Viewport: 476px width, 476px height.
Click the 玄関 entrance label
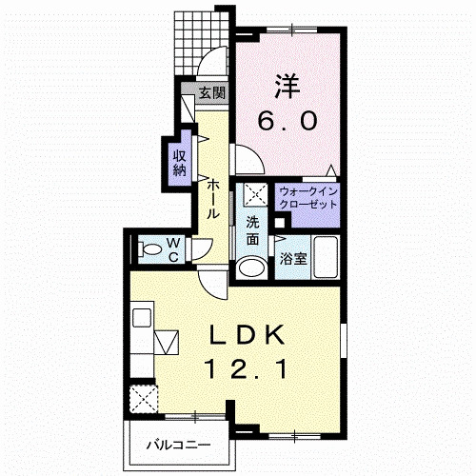click(212, 93)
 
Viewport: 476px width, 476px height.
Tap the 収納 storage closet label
click(180, 163)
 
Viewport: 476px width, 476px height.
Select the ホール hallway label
click(213, 199)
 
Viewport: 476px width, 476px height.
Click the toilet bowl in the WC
click(151, 249)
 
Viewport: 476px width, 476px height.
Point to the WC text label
click(173, 250)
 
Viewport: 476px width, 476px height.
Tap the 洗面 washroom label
click(252, 231)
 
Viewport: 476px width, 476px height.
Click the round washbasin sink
click(252, 268)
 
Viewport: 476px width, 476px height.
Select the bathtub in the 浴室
click(326, 257)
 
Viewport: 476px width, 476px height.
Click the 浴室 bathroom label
click(293, 259)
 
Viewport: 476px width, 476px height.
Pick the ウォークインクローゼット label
click(308, 198)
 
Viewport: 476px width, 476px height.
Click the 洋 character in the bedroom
click(288, 87)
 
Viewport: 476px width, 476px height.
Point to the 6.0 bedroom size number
click(288, 122)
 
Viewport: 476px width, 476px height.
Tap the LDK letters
click(248, 335)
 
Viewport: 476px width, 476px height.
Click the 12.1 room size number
click(248, 369)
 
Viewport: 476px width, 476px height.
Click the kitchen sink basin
click(142, 317)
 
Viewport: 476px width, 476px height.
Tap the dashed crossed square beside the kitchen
click(144, 399)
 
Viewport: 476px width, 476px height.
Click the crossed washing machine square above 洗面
click(255, 194)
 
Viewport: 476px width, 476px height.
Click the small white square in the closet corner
click(279, 223)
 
